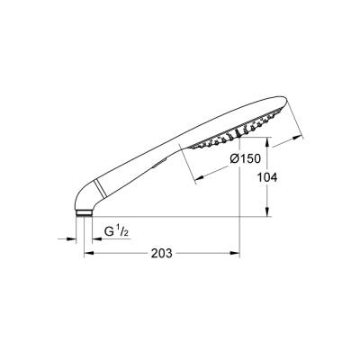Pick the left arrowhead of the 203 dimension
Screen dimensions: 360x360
88,255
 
